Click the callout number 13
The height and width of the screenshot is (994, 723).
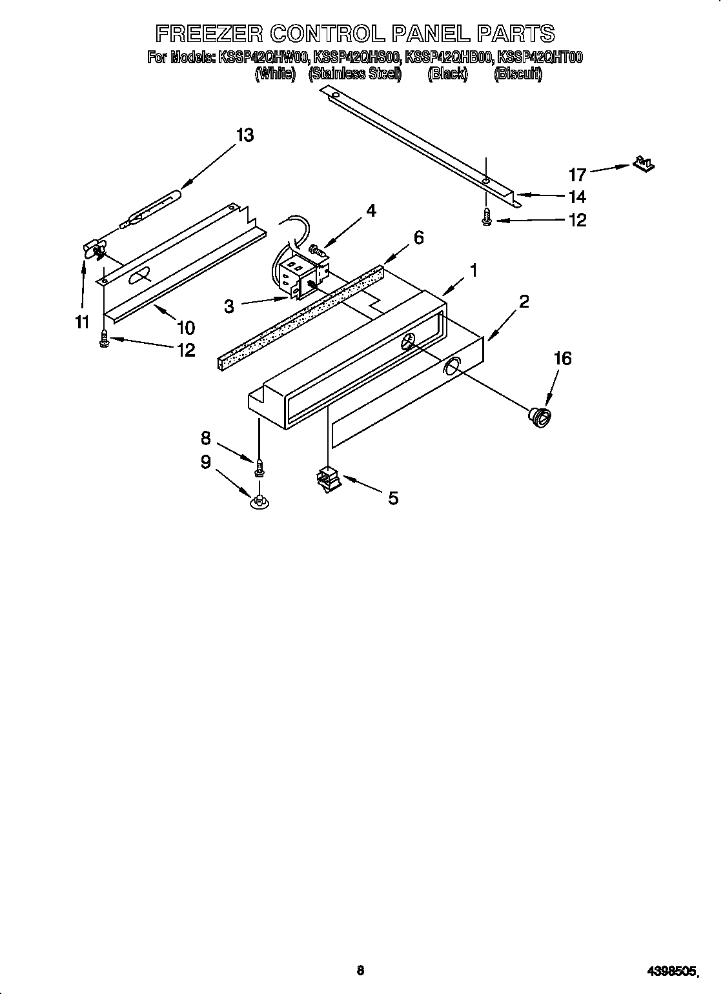245,135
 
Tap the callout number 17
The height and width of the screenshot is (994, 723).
576,174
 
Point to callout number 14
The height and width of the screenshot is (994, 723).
576,197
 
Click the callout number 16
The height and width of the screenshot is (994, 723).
563,358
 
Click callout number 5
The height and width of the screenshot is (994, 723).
392,497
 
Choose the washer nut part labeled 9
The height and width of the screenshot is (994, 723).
260,501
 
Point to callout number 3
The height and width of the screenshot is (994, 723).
229,306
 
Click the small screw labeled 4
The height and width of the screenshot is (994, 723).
316,248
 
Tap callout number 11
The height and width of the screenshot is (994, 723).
81,321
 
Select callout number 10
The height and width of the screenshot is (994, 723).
185,328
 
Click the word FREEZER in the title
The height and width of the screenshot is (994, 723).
205,33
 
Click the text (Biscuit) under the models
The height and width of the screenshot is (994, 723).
518,74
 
